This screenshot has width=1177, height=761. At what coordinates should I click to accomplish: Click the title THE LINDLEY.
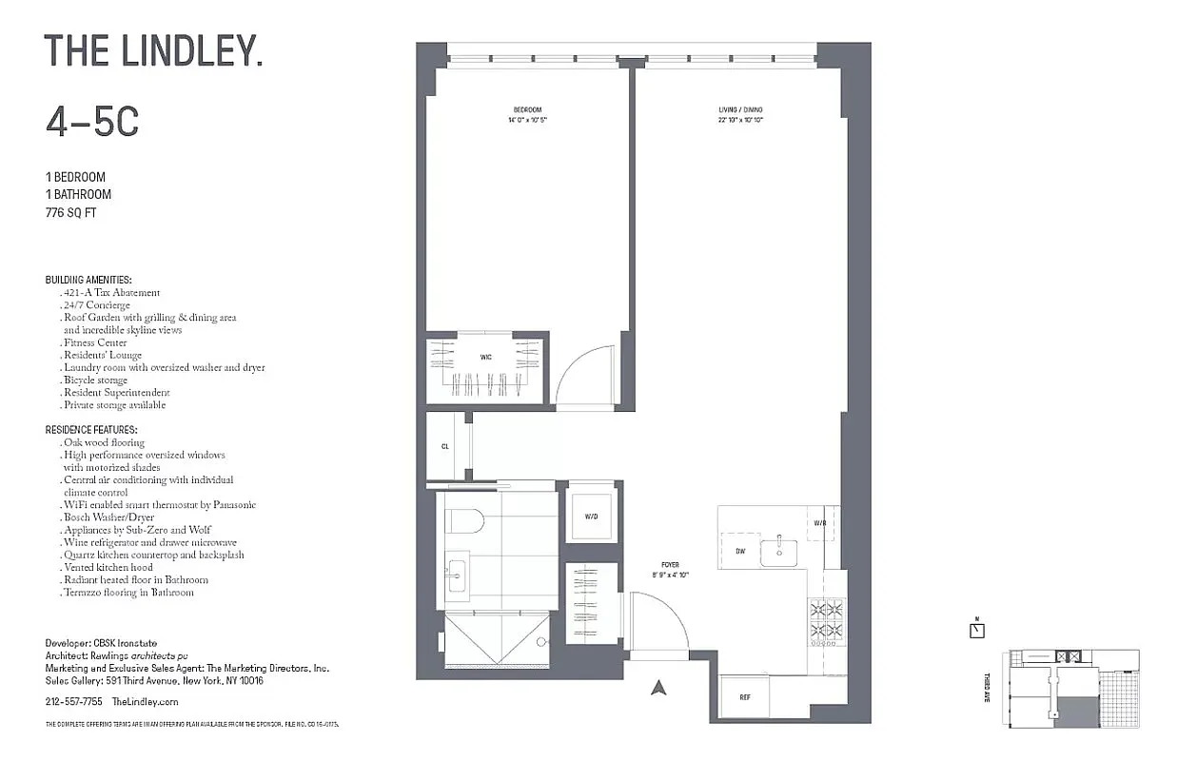[x=153, y=52]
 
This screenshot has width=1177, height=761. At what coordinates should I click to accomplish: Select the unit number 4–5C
[x=92, y=122]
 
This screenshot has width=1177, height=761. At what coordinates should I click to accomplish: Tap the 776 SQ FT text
[x=71, y=213]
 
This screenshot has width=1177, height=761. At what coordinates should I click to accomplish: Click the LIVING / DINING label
[x=740, y=110]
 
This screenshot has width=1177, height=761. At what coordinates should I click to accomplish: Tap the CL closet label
[x=444, y=445]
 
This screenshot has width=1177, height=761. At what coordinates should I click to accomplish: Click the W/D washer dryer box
[x=591, y=517]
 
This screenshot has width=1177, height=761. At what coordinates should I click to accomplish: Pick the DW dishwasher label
[x=739, y=551]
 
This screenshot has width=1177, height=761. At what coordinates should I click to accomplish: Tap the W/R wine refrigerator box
[x=820, y=523]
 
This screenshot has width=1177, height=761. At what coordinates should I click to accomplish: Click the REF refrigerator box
[x=746, y=697]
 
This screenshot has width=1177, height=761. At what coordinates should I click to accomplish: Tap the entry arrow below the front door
[x=657, y=688]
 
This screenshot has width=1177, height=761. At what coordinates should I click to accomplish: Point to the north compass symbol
[x=976, y=629]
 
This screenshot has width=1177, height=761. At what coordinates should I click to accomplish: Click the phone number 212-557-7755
[x=73, y=702]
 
